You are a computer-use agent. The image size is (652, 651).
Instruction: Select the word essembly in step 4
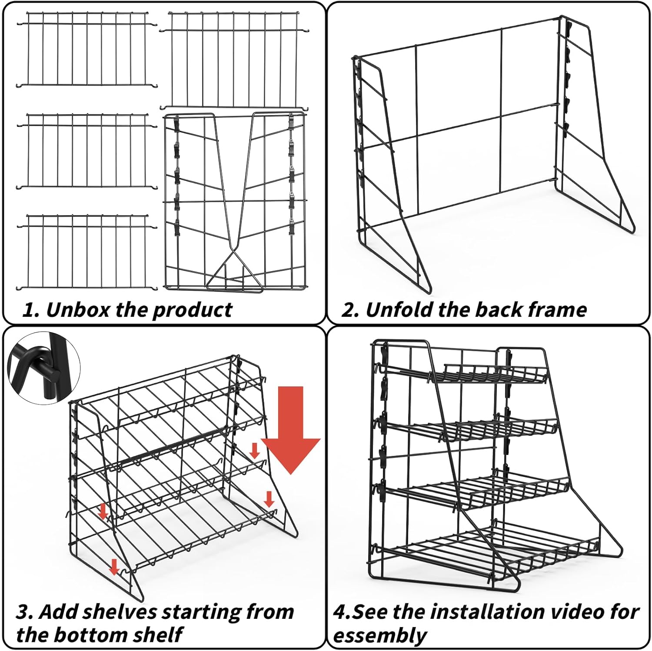tap(379, 635)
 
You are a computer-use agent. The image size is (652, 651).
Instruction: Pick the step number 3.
tap(23, 612)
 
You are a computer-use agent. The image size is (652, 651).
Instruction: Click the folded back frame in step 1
tap(235, 202)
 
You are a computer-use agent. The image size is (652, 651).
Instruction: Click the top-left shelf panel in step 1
tap(87, 49)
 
